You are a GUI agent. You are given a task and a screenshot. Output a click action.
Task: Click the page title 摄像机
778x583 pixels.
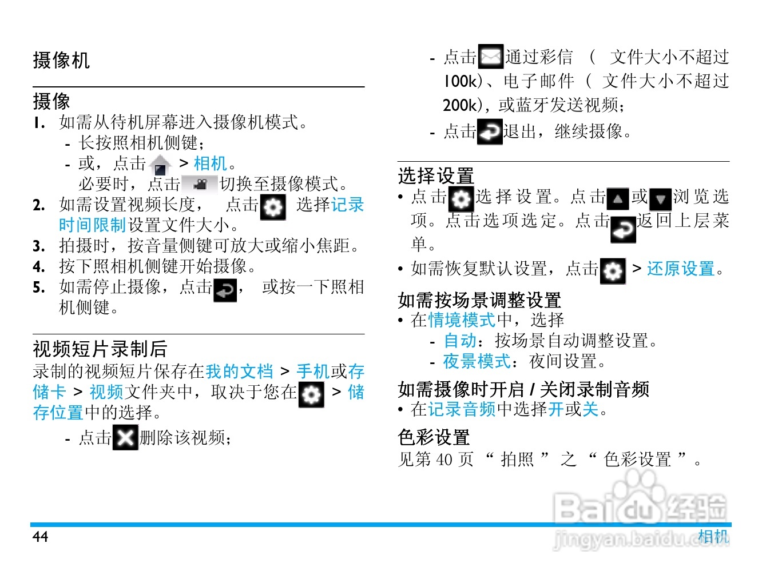pos(61,60)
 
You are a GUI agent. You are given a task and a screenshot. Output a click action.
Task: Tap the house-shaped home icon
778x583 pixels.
pos(161,165)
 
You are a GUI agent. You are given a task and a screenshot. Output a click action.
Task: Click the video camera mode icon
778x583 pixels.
pos(200,184)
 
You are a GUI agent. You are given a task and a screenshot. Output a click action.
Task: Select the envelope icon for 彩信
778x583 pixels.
pos(491,56)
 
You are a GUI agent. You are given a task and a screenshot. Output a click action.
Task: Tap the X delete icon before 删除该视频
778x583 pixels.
pos(125,437)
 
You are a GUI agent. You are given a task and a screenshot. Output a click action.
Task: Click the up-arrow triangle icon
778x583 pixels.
pos(618,199)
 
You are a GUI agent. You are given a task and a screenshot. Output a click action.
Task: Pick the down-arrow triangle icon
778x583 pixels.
pos(660,199)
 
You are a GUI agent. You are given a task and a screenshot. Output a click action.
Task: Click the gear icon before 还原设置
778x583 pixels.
pos(613,271)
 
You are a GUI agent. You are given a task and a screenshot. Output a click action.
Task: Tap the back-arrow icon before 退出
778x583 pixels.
pos(490,131)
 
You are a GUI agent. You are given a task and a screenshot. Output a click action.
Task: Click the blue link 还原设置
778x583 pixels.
pos(681,269)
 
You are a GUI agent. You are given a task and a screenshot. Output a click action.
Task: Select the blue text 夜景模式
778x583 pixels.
pos(477,361)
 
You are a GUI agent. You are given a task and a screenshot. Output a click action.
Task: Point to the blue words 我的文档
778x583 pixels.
pos(240,372)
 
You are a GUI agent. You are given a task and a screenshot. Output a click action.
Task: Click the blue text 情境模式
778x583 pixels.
pos(462,320)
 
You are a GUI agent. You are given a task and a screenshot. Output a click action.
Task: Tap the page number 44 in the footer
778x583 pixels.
pos(40,537)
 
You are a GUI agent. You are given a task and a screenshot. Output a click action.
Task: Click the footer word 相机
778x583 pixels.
pos(713,537)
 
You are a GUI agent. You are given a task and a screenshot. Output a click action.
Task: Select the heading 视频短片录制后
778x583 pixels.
pos(100,349)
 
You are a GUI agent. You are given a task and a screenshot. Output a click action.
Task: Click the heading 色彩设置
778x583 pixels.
pos(434,437)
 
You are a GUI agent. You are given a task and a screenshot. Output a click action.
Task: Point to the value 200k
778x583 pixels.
pos(460,105)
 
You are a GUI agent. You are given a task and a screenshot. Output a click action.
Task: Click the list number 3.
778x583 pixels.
pos(39,246)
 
